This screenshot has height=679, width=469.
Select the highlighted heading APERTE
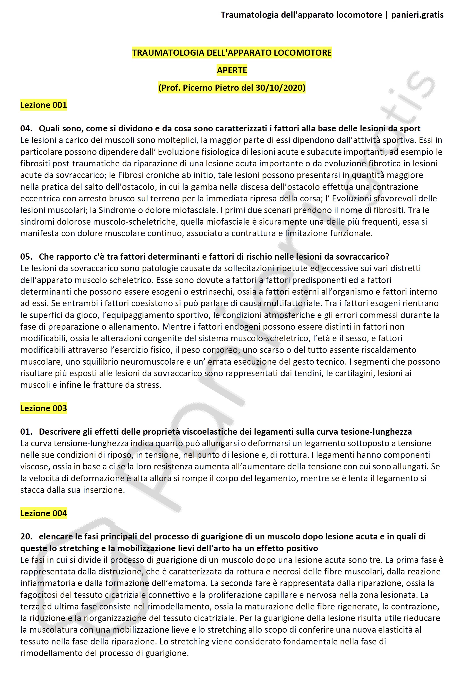[x=232, y=70]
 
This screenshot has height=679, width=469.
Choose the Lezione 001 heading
[x=43, y=105]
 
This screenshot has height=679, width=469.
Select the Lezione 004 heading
[x=43, y=513]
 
